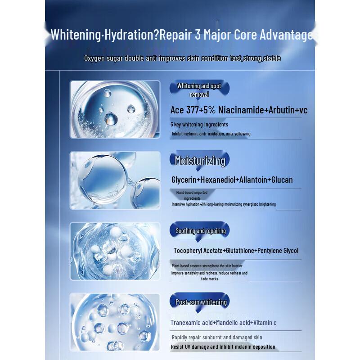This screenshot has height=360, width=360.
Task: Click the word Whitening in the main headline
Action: (76, 35)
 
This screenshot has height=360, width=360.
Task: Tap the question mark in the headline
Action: (156, 35)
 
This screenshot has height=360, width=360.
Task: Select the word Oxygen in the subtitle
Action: (94, 58)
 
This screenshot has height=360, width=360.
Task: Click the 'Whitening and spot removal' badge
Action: (199, 90)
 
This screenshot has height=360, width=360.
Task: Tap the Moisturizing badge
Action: (200, 160)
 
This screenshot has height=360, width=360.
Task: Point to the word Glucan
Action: (282, 180)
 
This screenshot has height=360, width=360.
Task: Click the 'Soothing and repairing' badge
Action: (200, 231)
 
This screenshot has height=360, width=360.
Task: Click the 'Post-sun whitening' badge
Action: (201, 302)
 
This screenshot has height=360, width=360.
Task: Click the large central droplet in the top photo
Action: (111, 119)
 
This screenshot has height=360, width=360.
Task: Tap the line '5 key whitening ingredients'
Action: (199, 125)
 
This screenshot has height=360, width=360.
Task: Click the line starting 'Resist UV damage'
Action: (223, 347)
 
